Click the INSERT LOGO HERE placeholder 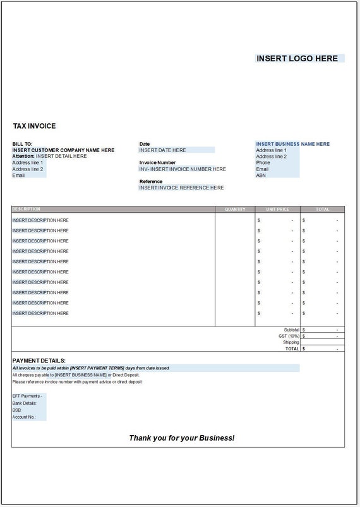point(297,58)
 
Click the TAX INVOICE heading point(34,126)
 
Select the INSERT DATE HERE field point(163,150)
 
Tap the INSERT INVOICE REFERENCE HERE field point(181,188)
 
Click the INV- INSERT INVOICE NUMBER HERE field point(182,169)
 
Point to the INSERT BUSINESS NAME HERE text point(292,144)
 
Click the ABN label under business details point(261,176)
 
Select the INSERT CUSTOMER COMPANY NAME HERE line point(63,150)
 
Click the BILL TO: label point(22,144)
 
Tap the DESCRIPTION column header point(26,209)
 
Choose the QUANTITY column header point(234,209)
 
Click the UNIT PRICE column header point(277,209)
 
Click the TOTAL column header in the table point(322,209)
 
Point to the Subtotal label point(291,330)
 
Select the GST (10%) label point(289,336)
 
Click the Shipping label point(291,342)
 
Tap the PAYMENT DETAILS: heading point(39,361)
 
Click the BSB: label point(18,410)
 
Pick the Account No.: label point(24,417)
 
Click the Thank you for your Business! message point(181,438)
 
